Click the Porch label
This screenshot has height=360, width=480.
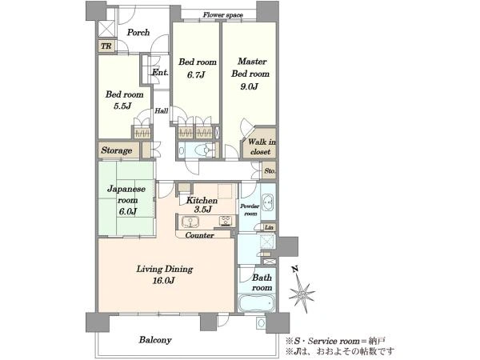[138, 33]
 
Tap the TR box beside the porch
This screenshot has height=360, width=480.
[106, 46]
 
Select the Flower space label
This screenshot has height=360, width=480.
[223, 14]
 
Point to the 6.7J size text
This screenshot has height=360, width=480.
[196, 74]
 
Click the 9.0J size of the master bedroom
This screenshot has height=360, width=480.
[249, 86]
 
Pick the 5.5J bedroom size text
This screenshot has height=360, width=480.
[122, 106]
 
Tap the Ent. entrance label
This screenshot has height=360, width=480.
[160, 72]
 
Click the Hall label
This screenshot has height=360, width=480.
[161, 110]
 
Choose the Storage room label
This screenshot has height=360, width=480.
[117, 150]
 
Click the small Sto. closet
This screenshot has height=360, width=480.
[270, 170]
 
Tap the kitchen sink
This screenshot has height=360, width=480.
[190, 222]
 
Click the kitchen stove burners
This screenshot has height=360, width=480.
[226, 221]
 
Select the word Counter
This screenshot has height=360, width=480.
[199, 235]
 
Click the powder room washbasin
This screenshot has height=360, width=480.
[269, 202]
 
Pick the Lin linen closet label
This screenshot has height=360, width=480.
[269, 227]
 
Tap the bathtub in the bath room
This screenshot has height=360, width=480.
[257, 302]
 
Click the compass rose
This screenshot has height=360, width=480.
[301, 290]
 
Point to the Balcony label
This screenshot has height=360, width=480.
[155, 340]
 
